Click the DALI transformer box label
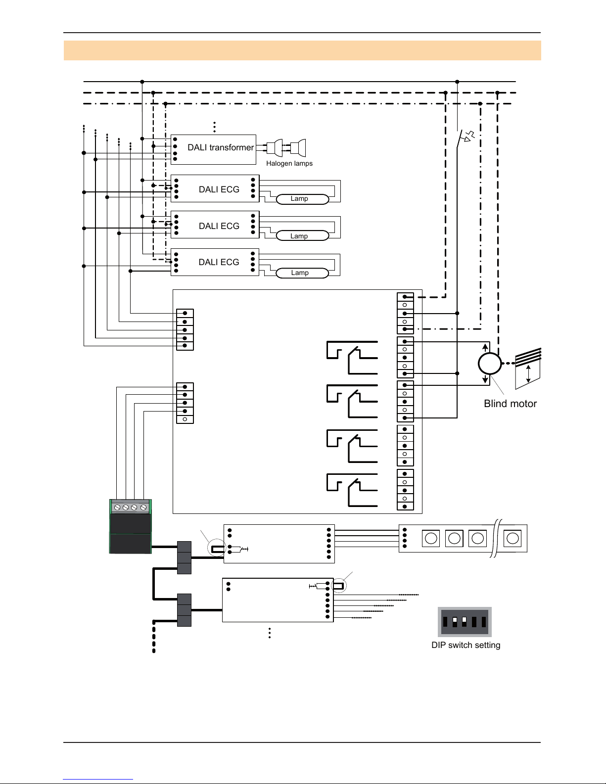(220, 147)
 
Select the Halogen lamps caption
(289, 164)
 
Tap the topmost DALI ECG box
(215, 189)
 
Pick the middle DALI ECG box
(215, 226)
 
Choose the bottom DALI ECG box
(215, 262)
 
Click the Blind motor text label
(510, 404)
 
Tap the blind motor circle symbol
(490, 364)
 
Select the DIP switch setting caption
(466, 645)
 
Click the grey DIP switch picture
(465, 622)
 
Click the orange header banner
(302, 50)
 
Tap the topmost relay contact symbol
(352, 358)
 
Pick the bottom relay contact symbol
(352, 490)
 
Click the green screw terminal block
(130, 526)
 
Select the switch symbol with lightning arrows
(466, 137)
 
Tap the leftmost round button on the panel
(431, 538)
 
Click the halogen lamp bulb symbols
(286, 147)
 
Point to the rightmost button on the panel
(513, 538)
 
